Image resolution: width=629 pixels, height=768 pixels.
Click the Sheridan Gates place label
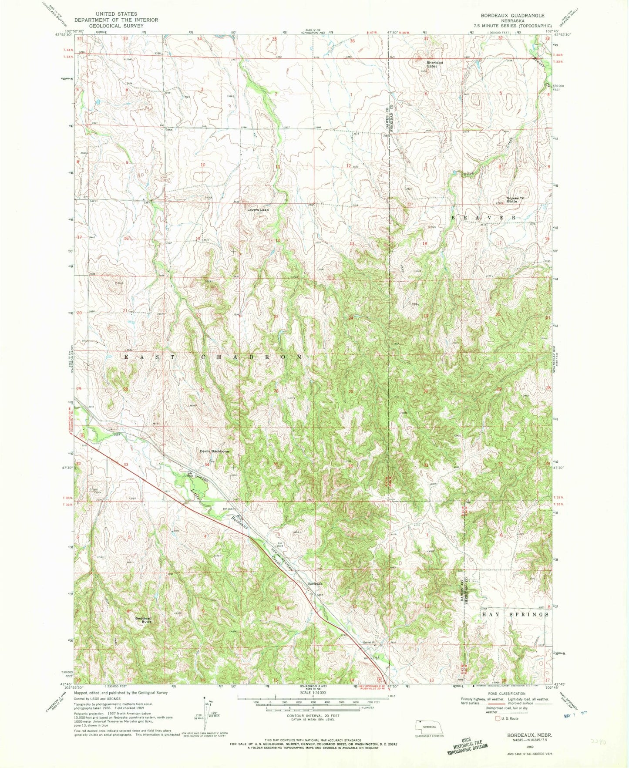(434, 64)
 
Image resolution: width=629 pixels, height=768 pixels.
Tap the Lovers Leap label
(258, 210)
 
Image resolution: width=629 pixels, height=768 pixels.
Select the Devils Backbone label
(214, 451)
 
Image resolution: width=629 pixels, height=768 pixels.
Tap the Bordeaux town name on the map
(315, 583)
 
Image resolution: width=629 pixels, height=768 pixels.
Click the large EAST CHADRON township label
(213, 357)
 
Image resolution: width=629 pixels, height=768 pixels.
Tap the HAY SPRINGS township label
(515, 614)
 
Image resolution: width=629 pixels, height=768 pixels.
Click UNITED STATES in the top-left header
(116, 14)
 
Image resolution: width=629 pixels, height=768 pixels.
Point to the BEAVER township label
(484, 217)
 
